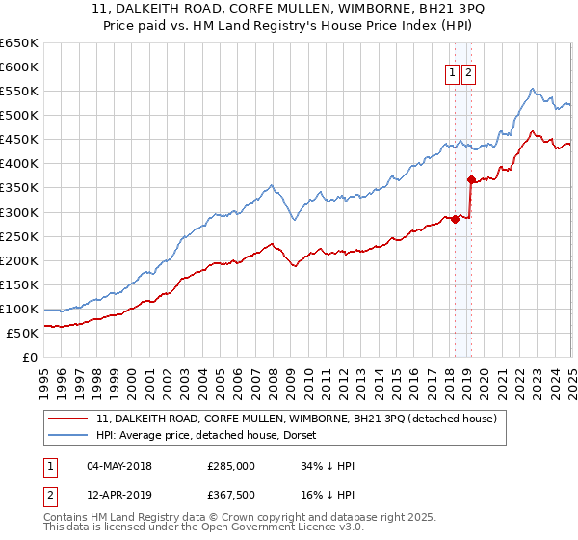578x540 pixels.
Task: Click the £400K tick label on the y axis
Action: [x=19, y=164]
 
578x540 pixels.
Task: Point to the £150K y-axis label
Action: [x=19, y=284]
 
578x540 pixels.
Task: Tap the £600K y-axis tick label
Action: [x=19, y=67]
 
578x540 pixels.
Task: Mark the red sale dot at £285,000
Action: [x=455, y=219]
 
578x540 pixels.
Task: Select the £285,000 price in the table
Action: [x=230, y=466]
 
